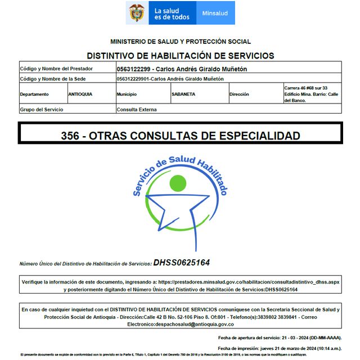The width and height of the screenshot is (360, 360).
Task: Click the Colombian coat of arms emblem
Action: click(x=137, y=13)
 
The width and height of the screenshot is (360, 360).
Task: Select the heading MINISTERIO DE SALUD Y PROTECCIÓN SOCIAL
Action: click(x=181, y=42)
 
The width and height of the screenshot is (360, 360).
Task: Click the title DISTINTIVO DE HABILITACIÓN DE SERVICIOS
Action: click(x=181, y=56)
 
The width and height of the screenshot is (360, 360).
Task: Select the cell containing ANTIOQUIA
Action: click(x=80, y=94)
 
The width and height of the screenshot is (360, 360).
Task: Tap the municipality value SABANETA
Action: click(x=183, y=94)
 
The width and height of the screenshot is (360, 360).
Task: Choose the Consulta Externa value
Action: click(x=135, y=110)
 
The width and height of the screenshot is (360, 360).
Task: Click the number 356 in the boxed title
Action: click(x=70, y=136)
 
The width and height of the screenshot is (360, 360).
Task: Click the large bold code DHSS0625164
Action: click(x=182, y=262)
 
